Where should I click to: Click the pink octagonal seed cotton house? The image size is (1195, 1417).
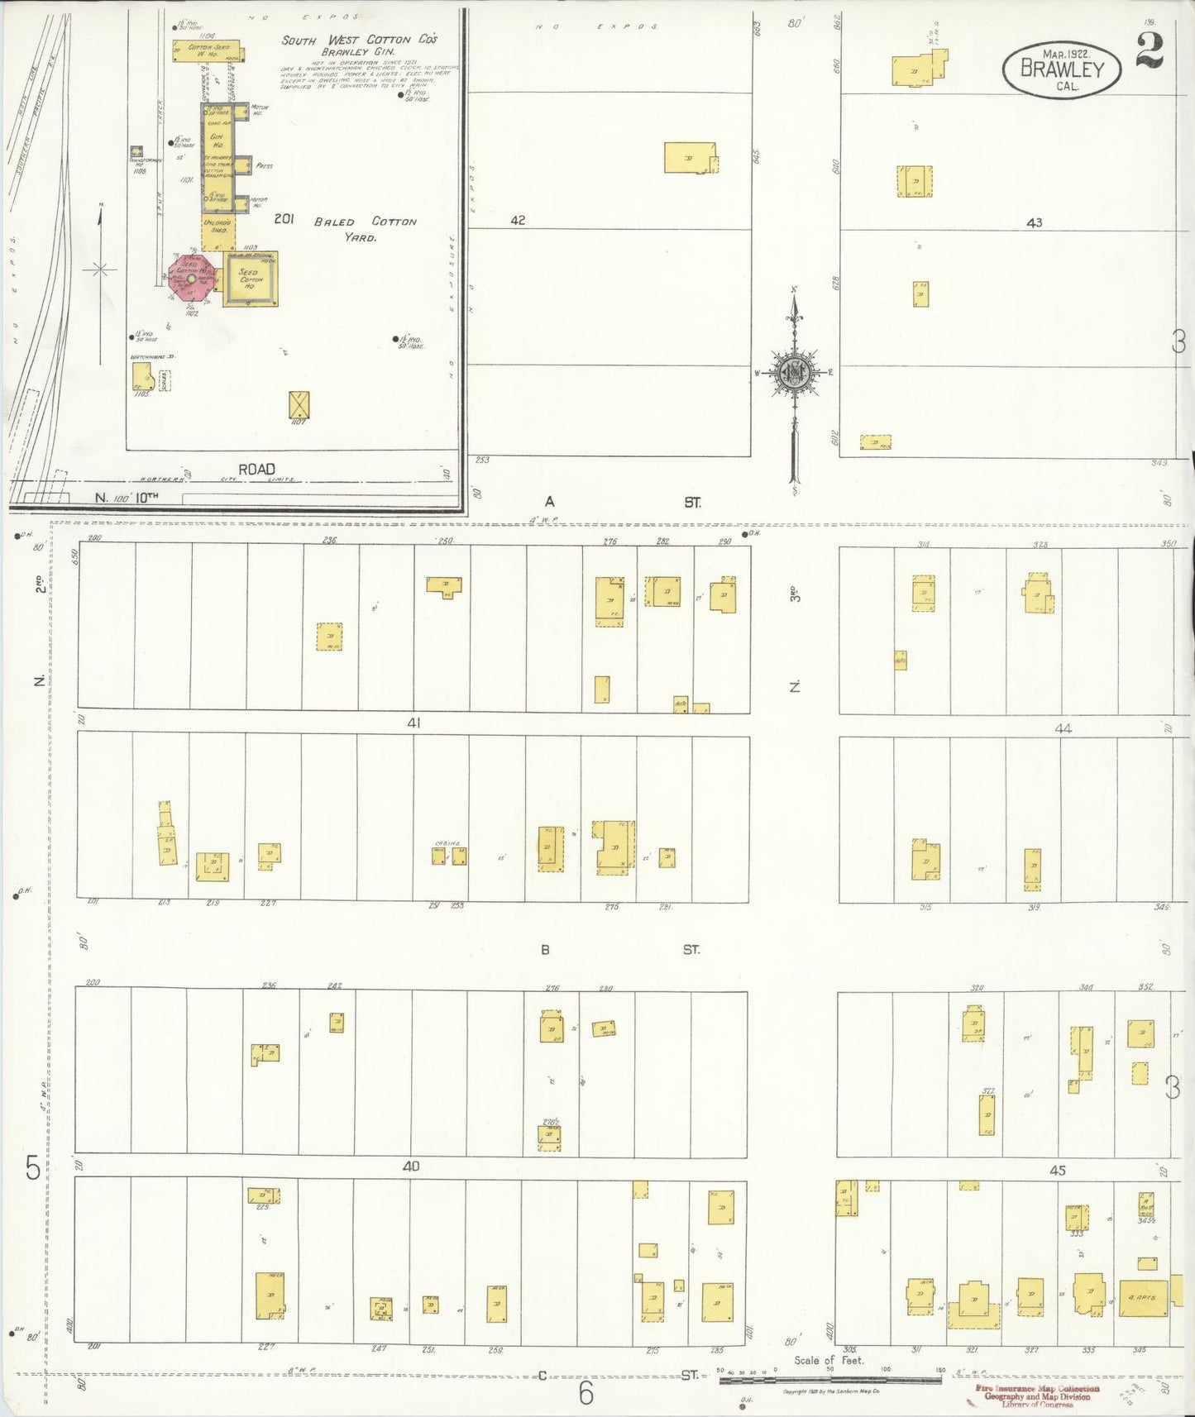(x=192, y=278)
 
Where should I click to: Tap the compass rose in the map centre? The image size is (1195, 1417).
(x=794, y=373)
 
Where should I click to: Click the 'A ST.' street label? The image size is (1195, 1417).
(x=620, y=502)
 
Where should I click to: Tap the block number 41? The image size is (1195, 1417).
(x=413, y=723)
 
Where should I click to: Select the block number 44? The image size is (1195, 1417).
(x=1063, y=728)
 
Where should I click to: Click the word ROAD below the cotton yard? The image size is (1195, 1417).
(x=256, y=469)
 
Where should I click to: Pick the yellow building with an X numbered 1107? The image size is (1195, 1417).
(x=299, y=405)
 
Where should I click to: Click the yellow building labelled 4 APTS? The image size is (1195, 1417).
(x=1144, y=1298)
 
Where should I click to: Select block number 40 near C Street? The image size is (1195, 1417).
(x=411, y=1167)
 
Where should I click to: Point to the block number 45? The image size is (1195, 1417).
(x=1057, y=1170)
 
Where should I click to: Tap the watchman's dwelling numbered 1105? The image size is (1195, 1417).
(x=142, y=376)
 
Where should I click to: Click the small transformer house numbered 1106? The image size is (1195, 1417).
(x=136, y=152)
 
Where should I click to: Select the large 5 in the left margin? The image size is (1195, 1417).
(x=32, y=1168)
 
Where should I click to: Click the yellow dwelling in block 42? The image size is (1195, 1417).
(x=689, y=157)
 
